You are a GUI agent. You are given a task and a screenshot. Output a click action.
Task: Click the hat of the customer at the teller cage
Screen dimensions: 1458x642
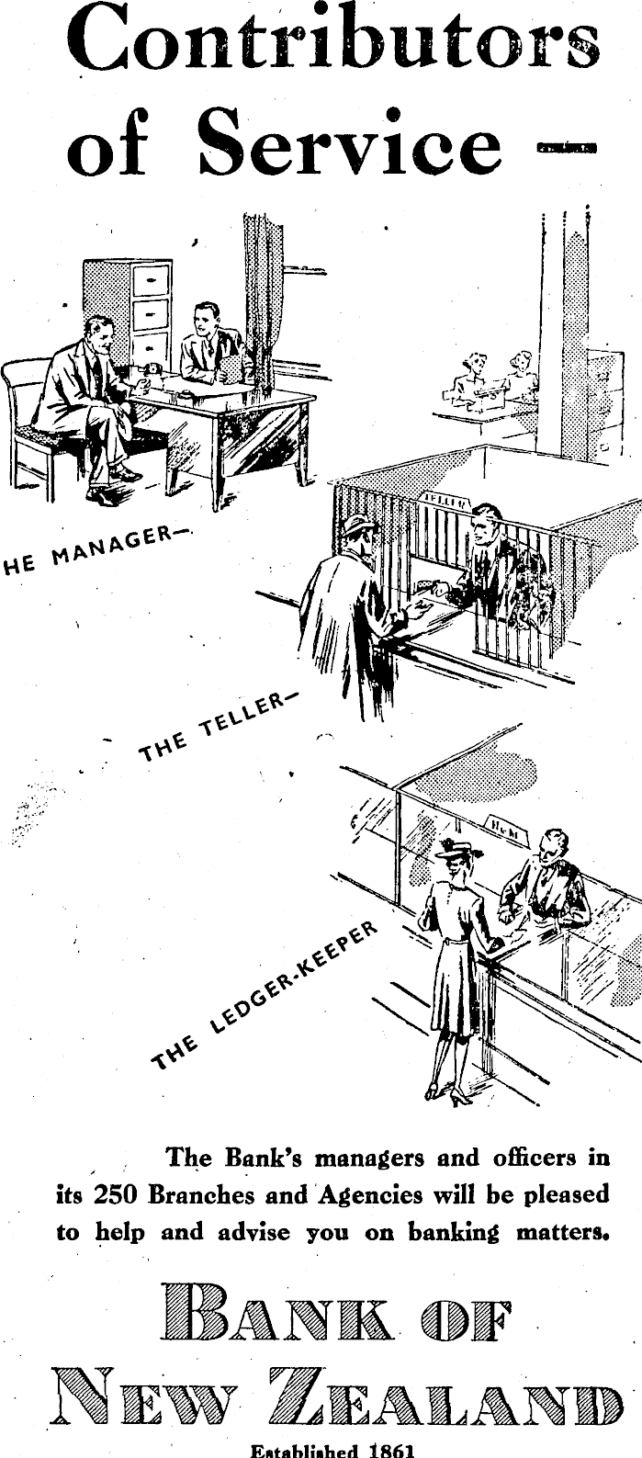click(x=358, y=526)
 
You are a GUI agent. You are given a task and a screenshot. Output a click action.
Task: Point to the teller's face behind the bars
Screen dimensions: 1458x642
click(x=484, y=528)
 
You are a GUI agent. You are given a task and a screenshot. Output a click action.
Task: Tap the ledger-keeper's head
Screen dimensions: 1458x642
click(x=554, y=844)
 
